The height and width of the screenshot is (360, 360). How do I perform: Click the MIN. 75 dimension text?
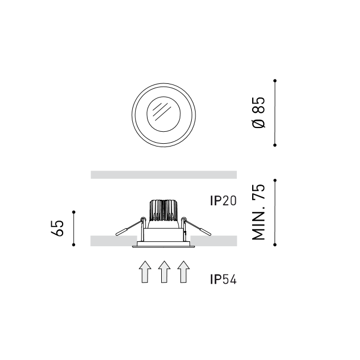259,212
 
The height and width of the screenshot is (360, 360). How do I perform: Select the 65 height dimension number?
58,228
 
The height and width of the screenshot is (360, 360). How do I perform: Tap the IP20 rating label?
223,201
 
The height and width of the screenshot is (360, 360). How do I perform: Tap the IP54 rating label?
223,280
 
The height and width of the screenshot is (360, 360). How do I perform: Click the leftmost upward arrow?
145,272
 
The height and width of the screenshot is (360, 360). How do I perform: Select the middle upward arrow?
164,272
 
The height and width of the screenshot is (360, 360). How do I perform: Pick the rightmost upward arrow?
184,272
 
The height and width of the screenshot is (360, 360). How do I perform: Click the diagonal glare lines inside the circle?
162,112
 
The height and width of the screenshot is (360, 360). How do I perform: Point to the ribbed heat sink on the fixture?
164,211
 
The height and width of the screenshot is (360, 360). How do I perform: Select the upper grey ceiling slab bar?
163,175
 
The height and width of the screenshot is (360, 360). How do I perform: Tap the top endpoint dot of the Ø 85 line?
275,81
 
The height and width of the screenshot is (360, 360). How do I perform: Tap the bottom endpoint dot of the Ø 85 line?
275,145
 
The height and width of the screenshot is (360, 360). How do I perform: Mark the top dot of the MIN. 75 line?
275,180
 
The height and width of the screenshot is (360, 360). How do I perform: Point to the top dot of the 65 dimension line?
74,212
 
